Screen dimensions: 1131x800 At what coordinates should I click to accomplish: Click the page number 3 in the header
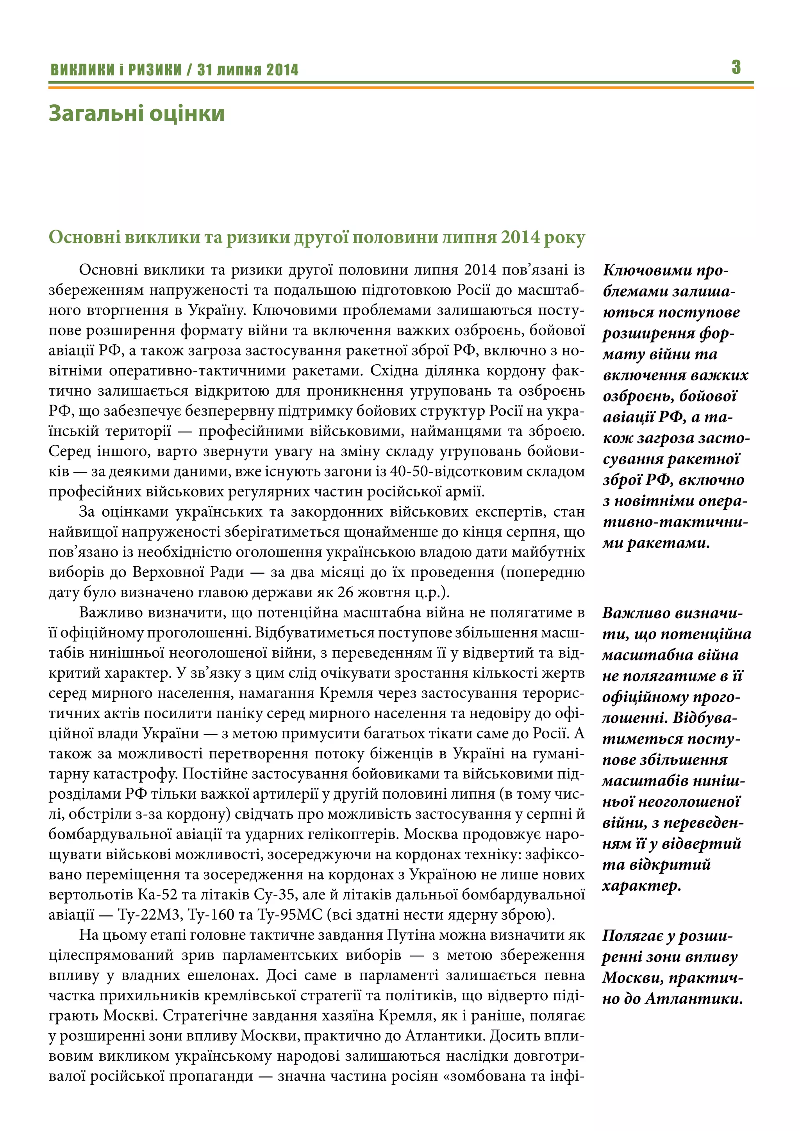point(736,67)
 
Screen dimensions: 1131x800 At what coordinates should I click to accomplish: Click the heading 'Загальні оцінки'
point(136,113)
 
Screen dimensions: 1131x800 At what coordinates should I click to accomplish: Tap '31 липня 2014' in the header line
point(248,70)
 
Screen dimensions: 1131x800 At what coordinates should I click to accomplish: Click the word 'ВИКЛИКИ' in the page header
point(82,70)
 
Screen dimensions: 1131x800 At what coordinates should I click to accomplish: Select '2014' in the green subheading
point(520,237)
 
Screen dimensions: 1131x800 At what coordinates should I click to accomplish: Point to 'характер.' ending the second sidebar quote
point(641,886)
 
